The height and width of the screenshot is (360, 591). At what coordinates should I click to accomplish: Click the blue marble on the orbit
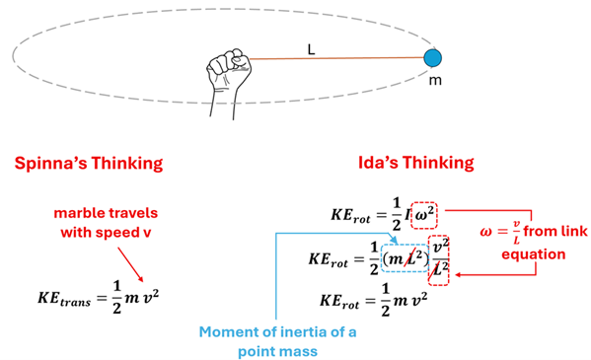pyautogui.click(x=430, y=58)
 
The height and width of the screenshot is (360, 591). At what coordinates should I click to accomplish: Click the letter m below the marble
pyautogui.click(x=434, y=80)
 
